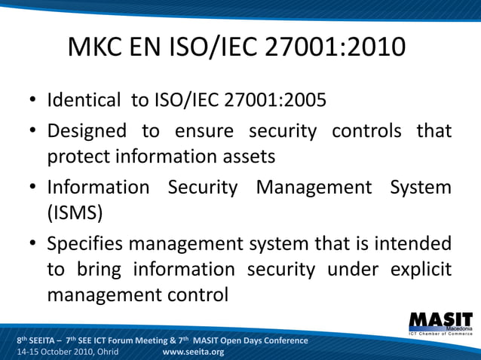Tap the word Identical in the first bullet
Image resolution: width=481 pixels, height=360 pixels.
pyautogui.click(x=84, y=100)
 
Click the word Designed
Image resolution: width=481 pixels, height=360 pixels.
pyautogui.click(x=87, y=131)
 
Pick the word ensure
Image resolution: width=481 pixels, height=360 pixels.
pyautogui.click(x=207, y=131)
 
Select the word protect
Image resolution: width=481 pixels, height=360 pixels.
pyautogui.click(x=78, y=157)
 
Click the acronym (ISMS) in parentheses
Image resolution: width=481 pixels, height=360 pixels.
pyautogui.click(x=75, y=213)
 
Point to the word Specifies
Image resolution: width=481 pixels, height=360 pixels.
pyautogui.click(x=89, y=244)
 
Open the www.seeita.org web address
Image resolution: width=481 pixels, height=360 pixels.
pyautogui.click(x=193, y=352)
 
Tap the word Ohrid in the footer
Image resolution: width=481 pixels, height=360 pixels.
pyautogui.click(x=103, y=352)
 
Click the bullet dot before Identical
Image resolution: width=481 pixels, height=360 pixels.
pyautogui.click(x=34, y=101)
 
